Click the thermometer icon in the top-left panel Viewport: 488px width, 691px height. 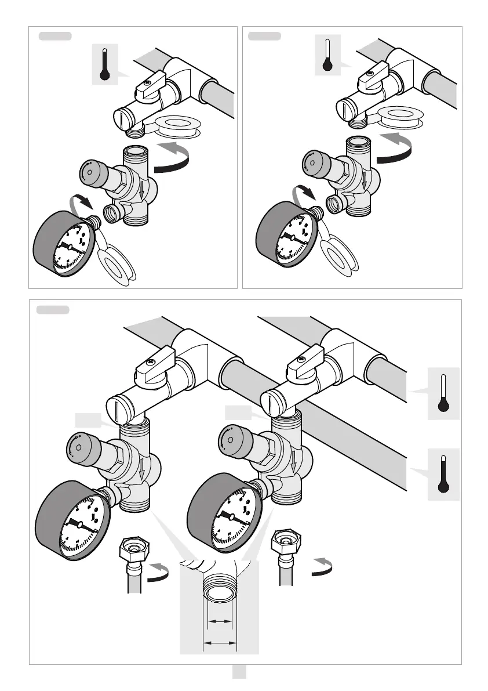[105, 64]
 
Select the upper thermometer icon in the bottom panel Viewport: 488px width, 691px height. [443, 393]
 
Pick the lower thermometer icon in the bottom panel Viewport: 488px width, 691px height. [443, 474]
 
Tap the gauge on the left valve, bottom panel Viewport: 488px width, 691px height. [79, 524]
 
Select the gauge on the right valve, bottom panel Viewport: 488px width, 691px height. [231, 515]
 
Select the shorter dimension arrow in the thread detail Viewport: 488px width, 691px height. [220, 621]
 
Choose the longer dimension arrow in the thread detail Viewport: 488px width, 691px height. [220, 643]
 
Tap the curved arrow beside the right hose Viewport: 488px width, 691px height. [322, 566]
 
